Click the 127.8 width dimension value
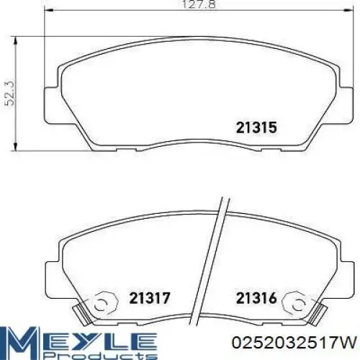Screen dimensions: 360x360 pyautogui.click(x=199, y=5)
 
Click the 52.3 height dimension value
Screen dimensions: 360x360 pyautogui.click(x=11, y=94)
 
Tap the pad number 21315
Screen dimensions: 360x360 pyautogui.click(x=256, y=127)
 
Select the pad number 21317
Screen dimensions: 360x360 pyautogui.click(x=149, y=298)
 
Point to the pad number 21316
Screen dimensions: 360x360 pyautogui.click(x=256, y=298)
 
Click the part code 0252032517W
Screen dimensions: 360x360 pyautogui.click(x=294, y=343)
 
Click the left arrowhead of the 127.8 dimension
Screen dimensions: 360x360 pyautogui.click(x=49, y=10)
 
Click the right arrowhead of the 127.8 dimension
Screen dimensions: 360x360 pyautogui.click(x=348, y=10)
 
